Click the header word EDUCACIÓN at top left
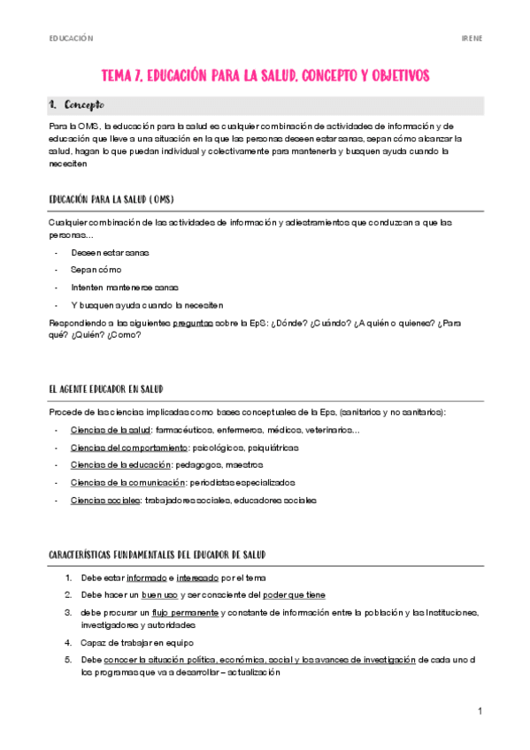click(71, 39)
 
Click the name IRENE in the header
click(472, 39)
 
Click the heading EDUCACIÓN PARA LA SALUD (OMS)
click(118, 199)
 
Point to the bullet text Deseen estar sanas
click(111, 253)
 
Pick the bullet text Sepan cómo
click(96, 270)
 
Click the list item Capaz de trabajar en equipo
click(137, 642)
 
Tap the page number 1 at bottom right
click(479, 712)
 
